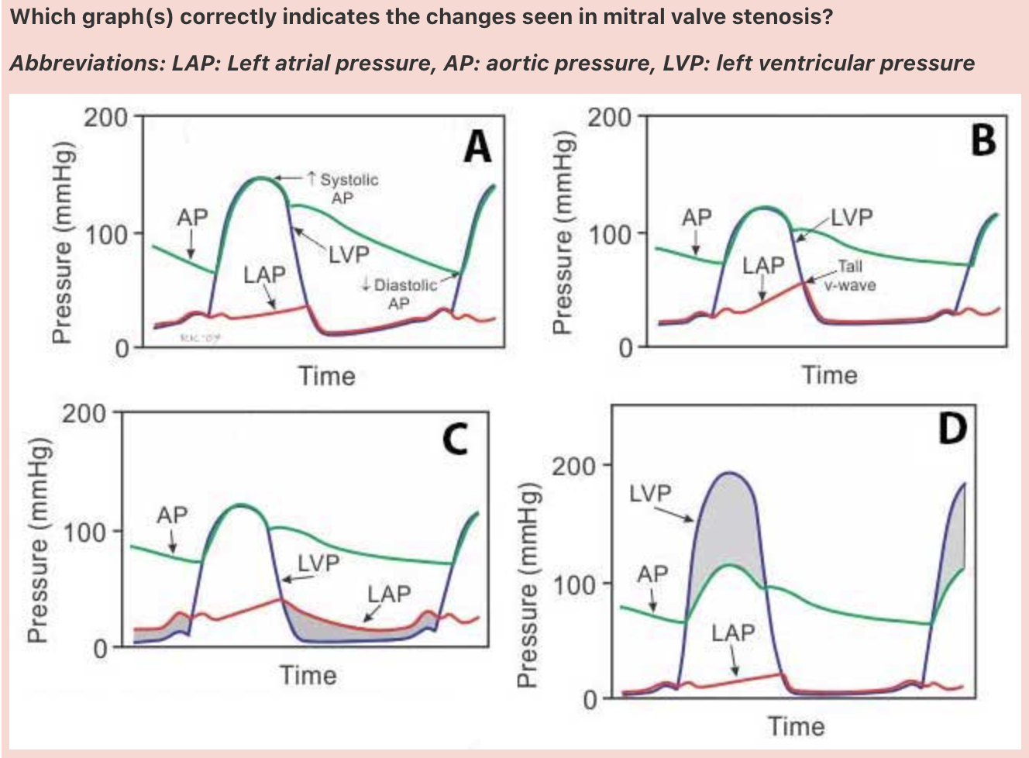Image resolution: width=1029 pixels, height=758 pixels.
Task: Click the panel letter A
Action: (477, 146)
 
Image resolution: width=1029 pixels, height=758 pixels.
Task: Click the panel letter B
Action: (983, 140)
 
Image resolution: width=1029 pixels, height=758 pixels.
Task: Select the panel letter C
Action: (455, 439)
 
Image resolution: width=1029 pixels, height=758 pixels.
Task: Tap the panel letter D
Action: (952, 429)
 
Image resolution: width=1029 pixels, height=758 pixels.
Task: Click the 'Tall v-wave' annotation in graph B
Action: (849, 275)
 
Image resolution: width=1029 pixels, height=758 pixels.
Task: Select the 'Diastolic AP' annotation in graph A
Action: (404, 294)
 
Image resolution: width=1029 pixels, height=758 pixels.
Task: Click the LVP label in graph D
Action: (650, 493)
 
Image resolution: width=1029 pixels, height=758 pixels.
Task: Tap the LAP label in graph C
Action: (389, 594)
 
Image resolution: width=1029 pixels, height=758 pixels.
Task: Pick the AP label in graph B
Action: (696, 218)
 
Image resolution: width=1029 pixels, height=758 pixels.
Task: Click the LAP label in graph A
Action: (264, 274)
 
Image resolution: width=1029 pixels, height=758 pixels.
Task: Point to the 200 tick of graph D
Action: (574, 467)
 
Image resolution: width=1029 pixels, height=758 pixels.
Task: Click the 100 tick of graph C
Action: (86, 532)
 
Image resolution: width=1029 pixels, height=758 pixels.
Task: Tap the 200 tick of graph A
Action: (106, 118)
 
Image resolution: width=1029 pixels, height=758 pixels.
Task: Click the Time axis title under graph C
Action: (308, 675)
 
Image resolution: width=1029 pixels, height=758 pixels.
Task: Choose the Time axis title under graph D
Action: (796, 726)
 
